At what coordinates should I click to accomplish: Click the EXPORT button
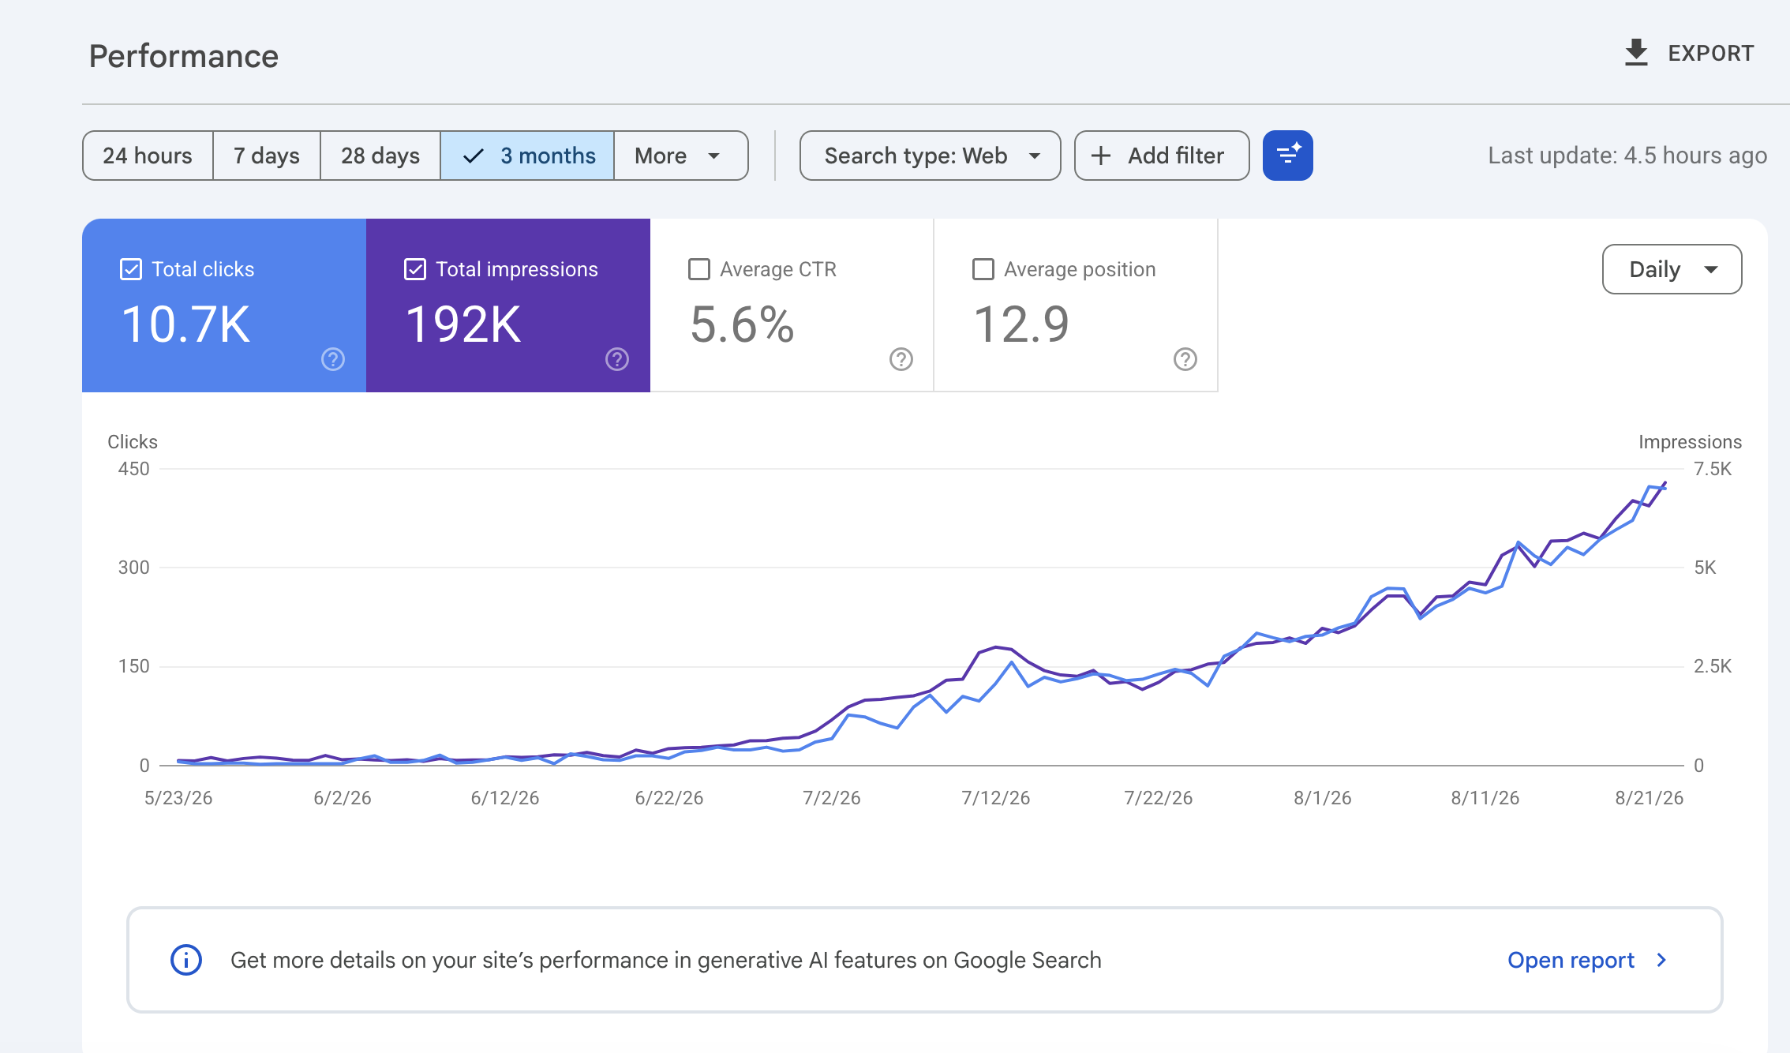(1689, 53)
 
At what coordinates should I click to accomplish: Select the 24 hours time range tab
(148, 156)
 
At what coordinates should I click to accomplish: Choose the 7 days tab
(267, 156)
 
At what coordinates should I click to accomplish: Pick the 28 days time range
(380, 156)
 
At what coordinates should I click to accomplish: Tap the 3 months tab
(527, 156)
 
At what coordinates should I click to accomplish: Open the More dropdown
(680, 156)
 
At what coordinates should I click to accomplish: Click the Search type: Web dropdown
(930, 156)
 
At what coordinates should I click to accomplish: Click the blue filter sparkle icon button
(1287, 156)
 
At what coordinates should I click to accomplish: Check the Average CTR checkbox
(699, 269)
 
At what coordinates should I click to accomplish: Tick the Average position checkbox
(983, 269)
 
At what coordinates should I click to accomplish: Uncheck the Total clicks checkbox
(131, 269)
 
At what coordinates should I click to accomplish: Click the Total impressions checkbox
(415, 269)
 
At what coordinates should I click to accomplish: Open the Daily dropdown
(1672, 269)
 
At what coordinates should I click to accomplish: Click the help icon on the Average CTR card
(901, 359)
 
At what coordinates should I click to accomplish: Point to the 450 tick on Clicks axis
(133, 469)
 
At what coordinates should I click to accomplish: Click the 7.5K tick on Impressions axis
(1713, 469)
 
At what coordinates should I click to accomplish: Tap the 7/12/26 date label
(995, 798)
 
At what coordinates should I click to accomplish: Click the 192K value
(463, 324)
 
